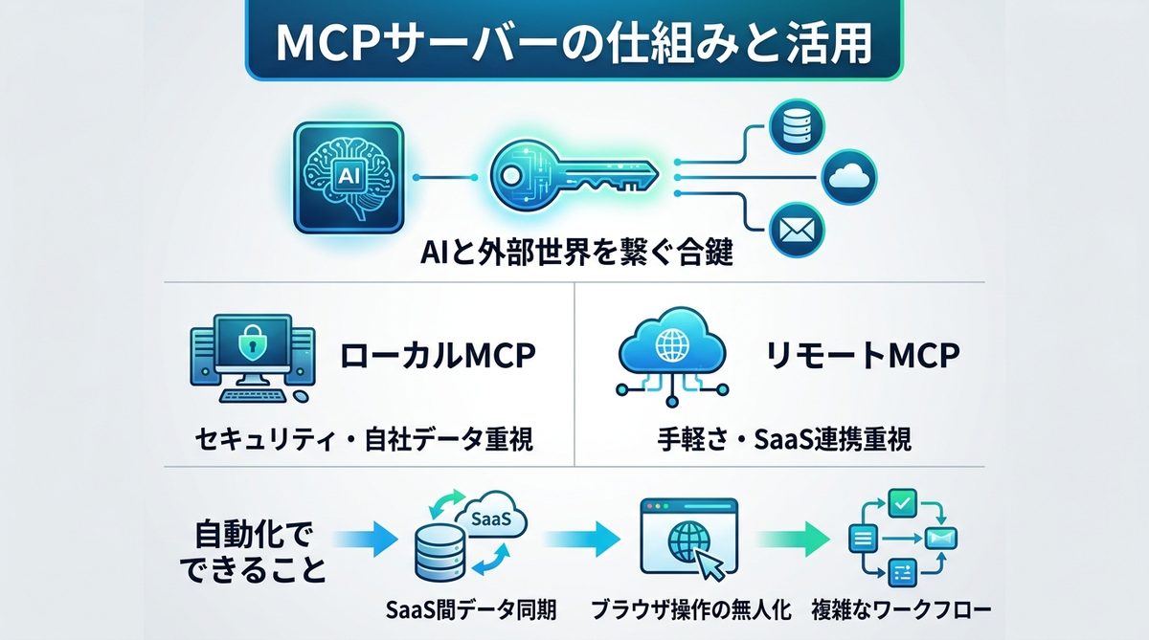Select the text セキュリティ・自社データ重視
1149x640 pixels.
point(362,440)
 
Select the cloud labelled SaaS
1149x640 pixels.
point(499,519)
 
